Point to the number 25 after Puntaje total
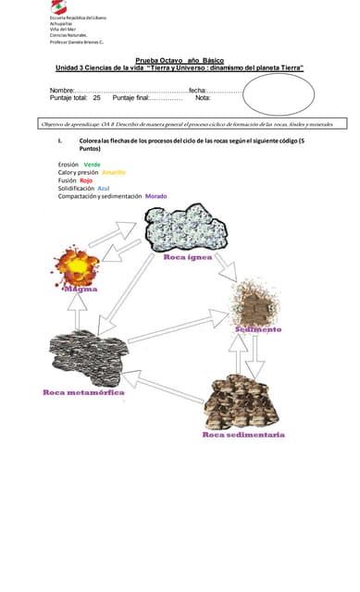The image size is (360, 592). pos(96,98)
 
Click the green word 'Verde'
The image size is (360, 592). pos(92,164)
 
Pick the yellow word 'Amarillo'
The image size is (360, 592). pos(114,172)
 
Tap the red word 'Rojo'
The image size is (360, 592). pos(86,180)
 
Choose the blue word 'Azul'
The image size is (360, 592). pos(103,188)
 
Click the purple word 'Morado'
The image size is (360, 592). pos(155,196)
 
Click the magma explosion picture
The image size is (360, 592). pos(76,265)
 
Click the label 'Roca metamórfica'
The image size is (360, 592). pos(83,392)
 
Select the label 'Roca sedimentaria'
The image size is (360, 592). pos(243,434)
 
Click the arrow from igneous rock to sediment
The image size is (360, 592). pos(226,265)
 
